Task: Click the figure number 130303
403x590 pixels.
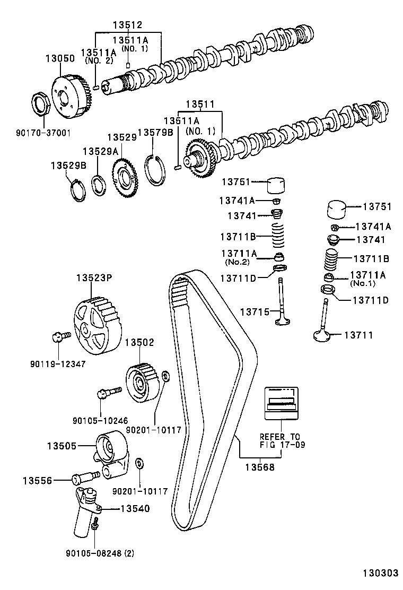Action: pyautogui.click(x=380, y=574)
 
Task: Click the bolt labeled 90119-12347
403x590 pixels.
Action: pyautogui.click(x=58, y=337)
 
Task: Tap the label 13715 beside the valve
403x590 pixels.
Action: pyautogui.click(x=255, y=311)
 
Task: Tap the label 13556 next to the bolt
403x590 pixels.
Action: pyautogui.click(x=37, y=480)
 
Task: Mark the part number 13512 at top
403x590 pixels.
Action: pyautogui.click(x=128, y=24)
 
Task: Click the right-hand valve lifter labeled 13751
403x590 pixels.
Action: pyautogui.click(x=336, y=209)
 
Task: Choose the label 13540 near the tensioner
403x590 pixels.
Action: pyautogui.click(x=135, y=508)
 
